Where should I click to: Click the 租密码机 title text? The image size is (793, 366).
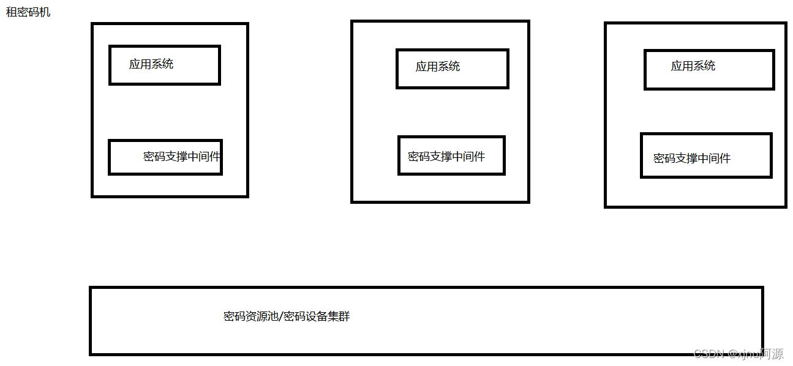28,12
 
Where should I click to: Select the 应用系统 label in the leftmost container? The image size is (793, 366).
151,64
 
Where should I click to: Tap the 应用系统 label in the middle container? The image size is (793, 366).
438,67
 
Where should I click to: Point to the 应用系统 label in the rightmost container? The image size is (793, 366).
693,66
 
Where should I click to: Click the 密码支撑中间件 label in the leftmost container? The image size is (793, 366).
182,157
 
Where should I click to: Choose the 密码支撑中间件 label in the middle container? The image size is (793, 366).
446,157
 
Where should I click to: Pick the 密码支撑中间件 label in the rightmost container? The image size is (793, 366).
692,159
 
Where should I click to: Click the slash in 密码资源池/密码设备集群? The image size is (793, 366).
280,317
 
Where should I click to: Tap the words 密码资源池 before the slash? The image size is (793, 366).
250,317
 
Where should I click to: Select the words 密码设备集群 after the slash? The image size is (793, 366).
317,317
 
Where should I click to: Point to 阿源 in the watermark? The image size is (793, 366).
772,354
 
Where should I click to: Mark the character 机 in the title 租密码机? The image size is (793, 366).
45,12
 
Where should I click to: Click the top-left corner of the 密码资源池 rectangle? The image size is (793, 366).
91,288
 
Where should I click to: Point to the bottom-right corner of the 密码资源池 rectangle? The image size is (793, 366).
762,354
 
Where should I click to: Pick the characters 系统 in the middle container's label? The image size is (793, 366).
449,67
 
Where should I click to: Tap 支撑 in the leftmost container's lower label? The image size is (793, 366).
176,157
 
